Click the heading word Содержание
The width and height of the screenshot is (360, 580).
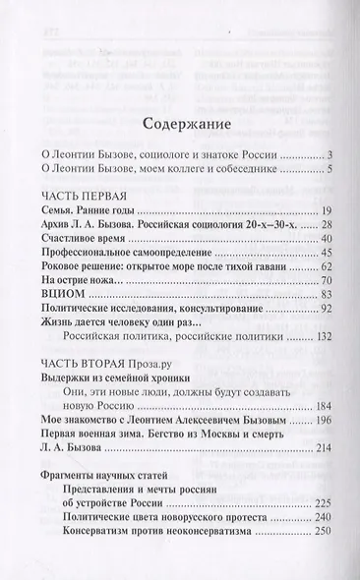pos(179,125)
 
